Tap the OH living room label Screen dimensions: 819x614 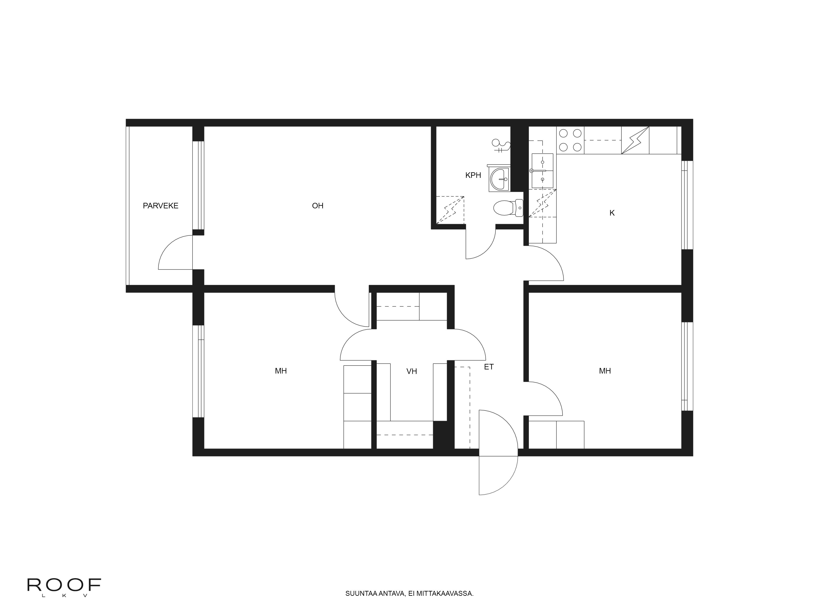318,206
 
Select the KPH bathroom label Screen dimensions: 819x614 473,175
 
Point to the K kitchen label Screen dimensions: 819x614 612,213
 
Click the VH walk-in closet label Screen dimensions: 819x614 412,371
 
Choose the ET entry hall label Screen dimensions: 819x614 489,367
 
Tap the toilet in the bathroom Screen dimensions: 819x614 508,208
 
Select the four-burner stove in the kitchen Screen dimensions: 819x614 570,140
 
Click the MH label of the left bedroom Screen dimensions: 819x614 281,371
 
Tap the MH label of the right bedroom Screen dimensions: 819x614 605,371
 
